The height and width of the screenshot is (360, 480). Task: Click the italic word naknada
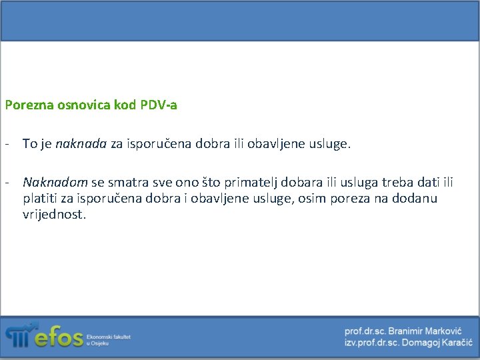81,143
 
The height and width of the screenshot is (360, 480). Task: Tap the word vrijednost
54,215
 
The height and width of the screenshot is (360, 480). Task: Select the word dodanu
415,199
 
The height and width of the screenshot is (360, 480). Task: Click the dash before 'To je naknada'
6,143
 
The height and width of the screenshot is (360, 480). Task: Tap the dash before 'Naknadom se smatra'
6,182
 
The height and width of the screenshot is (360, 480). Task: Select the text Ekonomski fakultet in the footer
108,337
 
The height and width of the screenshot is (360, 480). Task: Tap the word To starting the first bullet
29,143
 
